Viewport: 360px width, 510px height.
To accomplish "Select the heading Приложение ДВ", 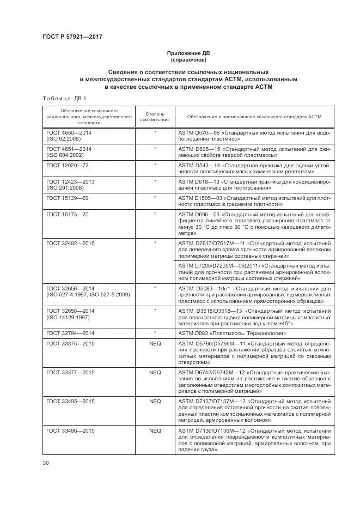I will click(x=188, y=53).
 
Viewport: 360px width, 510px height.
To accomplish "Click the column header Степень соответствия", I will click(x=155, y=116).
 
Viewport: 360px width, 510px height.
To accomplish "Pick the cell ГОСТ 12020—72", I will click(x=67, y=164).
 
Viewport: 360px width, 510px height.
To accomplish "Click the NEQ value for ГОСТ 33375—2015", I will click(x=155, y=343).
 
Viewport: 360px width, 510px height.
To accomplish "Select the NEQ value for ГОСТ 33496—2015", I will click(x=155, y=430).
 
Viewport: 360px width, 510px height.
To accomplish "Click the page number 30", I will click(x=45, y=463).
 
